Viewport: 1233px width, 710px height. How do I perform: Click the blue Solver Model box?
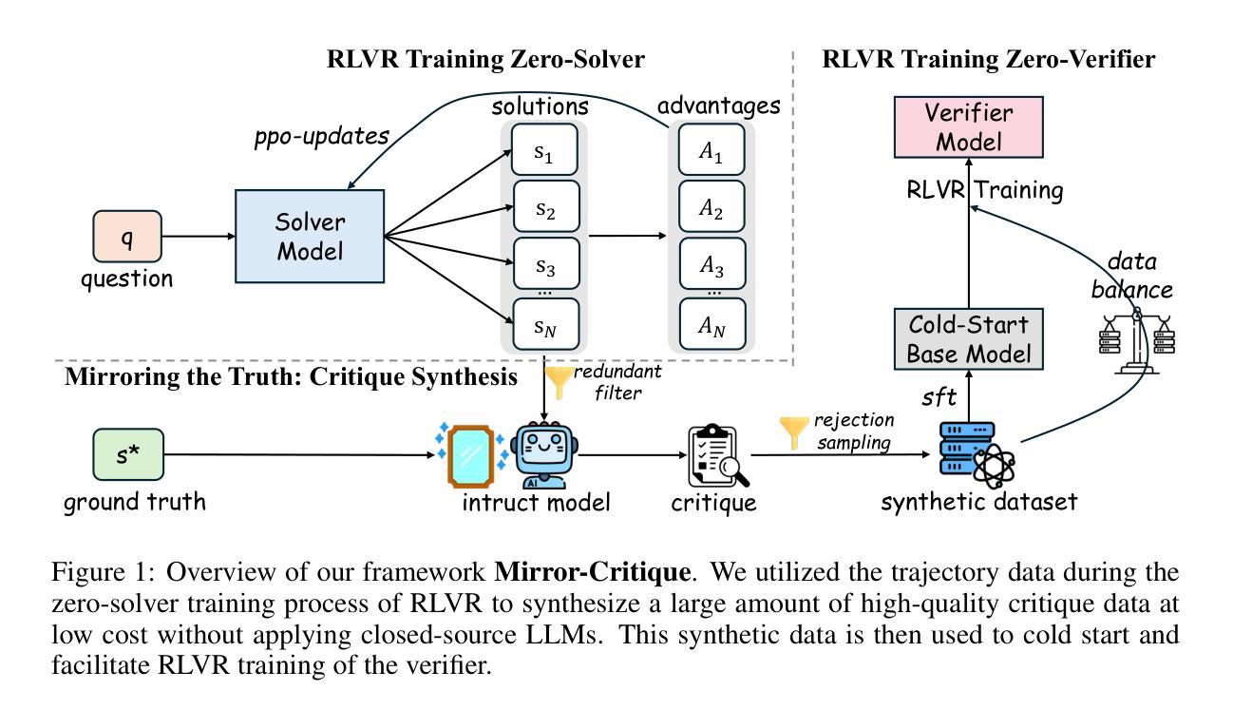point(310,236)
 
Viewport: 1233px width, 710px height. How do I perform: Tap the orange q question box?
point(126,236)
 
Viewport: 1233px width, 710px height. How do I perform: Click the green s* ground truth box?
point(127,454)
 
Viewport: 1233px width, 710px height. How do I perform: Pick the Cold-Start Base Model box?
point(968,340)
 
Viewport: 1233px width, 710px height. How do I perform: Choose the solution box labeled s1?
point(544,150)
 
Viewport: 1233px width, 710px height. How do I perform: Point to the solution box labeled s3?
point(544,262)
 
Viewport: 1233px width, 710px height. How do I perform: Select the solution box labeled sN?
point(544,324)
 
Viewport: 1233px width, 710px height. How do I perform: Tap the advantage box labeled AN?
point(711,325)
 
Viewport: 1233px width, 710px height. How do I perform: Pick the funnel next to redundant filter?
point(559,382)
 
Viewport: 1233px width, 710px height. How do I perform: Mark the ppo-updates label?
point(321,136)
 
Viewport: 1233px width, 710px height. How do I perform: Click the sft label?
point(939,396)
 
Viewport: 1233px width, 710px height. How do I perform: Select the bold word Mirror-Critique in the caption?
point(592,572)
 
